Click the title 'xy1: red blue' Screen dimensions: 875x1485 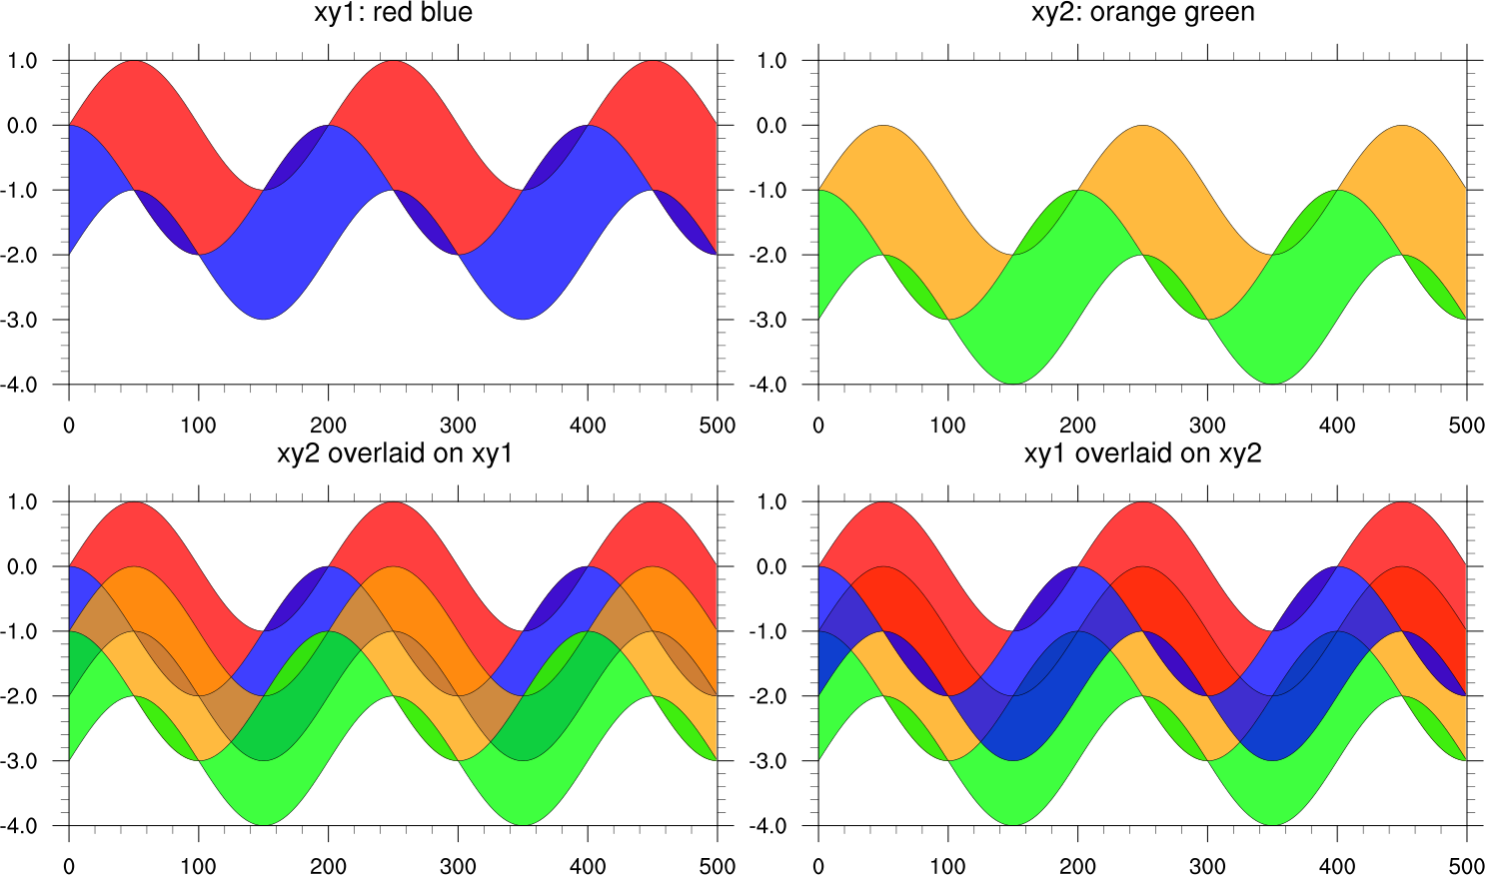[394, 13]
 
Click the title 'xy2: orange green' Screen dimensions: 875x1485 [1142, 13]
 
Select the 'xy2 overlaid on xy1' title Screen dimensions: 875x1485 [394, 453]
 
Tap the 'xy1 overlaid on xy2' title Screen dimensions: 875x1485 [1142, 453]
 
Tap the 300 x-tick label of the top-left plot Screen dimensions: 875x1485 [458, 426]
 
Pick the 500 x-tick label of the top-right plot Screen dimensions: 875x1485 [1466, 426]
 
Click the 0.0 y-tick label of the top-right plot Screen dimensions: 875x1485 [771, 126]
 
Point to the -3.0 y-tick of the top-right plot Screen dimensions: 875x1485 [768, 320]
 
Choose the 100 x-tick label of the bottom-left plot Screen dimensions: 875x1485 [198, 866]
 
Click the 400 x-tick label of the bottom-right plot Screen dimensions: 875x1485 [1337, 866]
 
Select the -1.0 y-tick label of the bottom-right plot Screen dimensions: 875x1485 [768, 631]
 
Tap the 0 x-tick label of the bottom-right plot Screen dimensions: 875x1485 [818, 866]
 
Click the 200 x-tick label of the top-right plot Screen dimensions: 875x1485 [1077, 426]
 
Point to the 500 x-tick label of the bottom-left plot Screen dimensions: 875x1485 [718, 866]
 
